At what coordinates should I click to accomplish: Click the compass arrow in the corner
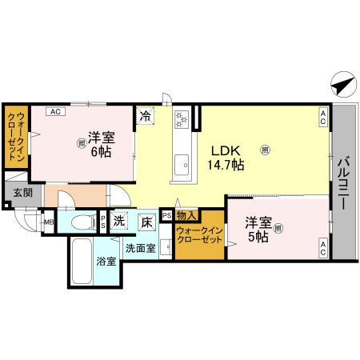click(339, 83)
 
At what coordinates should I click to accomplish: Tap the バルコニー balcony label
click(342, 183)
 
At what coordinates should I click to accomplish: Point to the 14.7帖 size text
click(226, 165)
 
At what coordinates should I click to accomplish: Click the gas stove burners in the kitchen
click(182, 118)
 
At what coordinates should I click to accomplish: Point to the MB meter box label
click(49, 222)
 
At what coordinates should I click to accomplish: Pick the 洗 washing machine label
click(118, 221)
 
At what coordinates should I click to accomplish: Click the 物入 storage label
click(186, 216)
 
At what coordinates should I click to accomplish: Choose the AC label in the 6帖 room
click(55, 112)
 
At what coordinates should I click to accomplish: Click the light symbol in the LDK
click(265, 147)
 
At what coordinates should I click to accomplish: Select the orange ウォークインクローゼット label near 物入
click(199, 237)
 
